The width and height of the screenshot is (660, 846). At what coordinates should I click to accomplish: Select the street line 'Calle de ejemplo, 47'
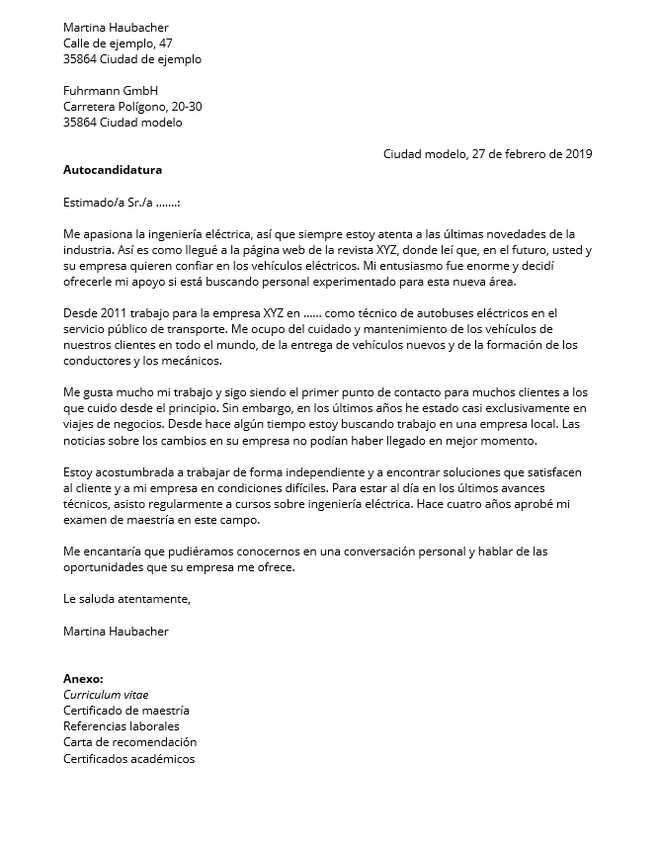(x=118, y=43)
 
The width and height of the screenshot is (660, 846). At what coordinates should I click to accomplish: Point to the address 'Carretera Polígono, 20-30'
(x=133, y=107)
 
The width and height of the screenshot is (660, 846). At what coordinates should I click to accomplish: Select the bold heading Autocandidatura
(x=113, y=170)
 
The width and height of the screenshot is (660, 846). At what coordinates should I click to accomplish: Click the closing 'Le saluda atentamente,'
(x=126, y=599)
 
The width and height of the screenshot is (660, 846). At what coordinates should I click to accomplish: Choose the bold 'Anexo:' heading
(x=83, y=679)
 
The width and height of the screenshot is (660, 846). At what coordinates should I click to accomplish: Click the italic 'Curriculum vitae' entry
(x=106, y=695)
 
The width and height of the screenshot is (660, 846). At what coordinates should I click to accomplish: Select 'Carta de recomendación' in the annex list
(x=129, y=742)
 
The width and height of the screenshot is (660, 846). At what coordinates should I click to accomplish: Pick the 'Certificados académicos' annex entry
(x=128, y=758)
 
